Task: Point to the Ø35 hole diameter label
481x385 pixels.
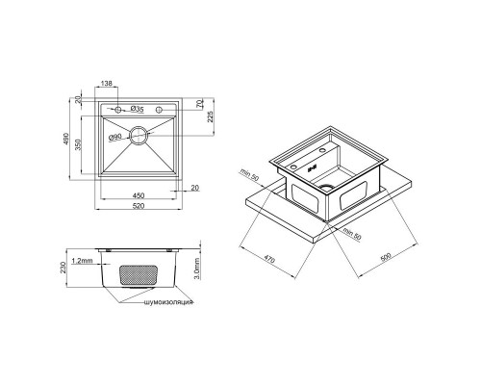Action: coord(139,110)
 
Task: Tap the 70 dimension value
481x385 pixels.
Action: coord(199,103)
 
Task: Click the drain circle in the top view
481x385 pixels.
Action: coord(139,137)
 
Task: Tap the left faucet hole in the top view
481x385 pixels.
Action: coord(119,110)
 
